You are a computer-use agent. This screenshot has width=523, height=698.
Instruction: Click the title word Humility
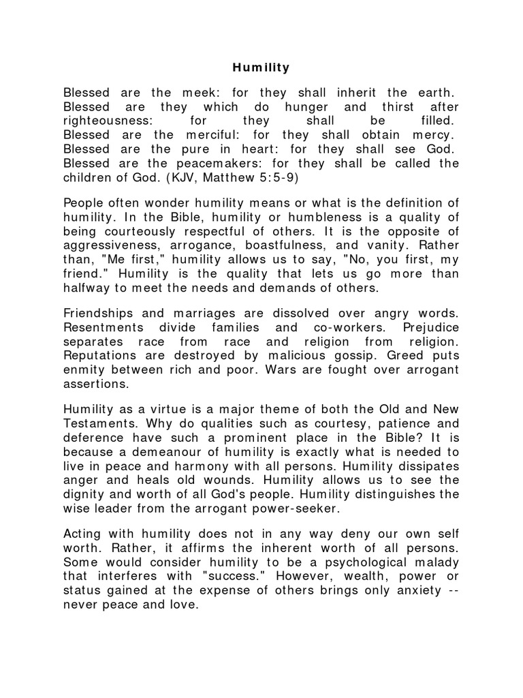click(x=261, y=67)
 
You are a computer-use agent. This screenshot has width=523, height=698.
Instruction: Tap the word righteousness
click(x=106, y=121)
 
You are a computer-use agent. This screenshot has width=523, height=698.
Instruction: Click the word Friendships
click(x=101, y=313)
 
